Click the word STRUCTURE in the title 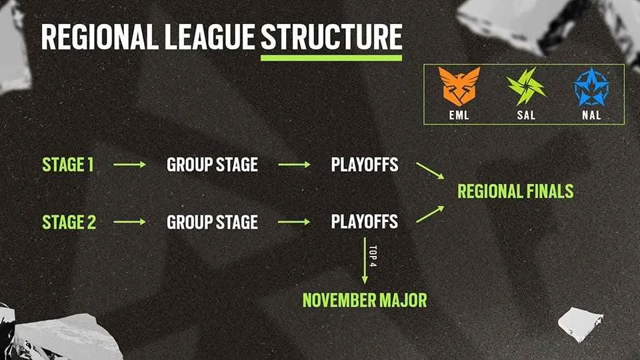331,37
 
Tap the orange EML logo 459,86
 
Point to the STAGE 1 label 68,164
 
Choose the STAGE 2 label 69,221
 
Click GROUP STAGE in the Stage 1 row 212,164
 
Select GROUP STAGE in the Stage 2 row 212,221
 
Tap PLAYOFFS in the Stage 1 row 365,164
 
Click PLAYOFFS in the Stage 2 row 365,221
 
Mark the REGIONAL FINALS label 515,192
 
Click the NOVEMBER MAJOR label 365,300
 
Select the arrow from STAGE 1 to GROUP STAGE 129,164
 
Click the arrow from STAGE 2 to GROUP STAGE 129,221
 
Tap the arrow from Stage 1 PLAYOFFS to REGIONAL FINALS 430,170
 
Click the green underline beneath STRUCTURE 331,58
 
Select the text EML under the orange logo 459,115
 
